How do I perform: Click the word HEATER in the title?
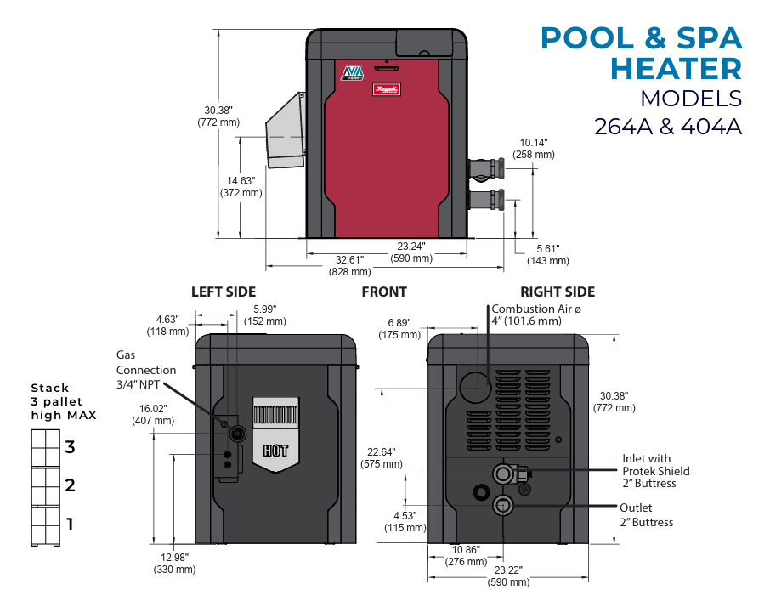click(x=677, y=68)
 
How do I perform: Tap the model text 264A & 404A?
click(x=668, y=127)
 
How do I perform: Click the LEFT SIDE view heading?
click(x=224, y=292)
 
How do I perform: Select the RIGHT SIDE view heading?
click(x=558, y=292)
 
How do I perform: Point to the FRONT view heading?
click(x=384, y=292)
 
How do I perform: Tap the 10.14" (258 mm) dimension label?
click(x=534, y=149)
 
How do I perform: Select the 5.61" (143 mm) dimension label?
click(x=548, y=255)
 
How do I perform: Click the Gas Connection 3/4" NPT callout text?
click(x=146, y=370)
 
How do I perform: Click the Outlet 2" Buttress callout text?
click(x=646, y=515)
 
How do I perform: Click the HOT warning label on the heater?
click(x=275, y=451)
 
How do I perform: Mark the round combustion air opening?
click(x=475, y=385)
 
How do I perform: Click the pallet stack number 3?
click(x=71, y=446)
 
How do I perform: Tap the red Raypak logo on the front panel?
click(x=387, y=88)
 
